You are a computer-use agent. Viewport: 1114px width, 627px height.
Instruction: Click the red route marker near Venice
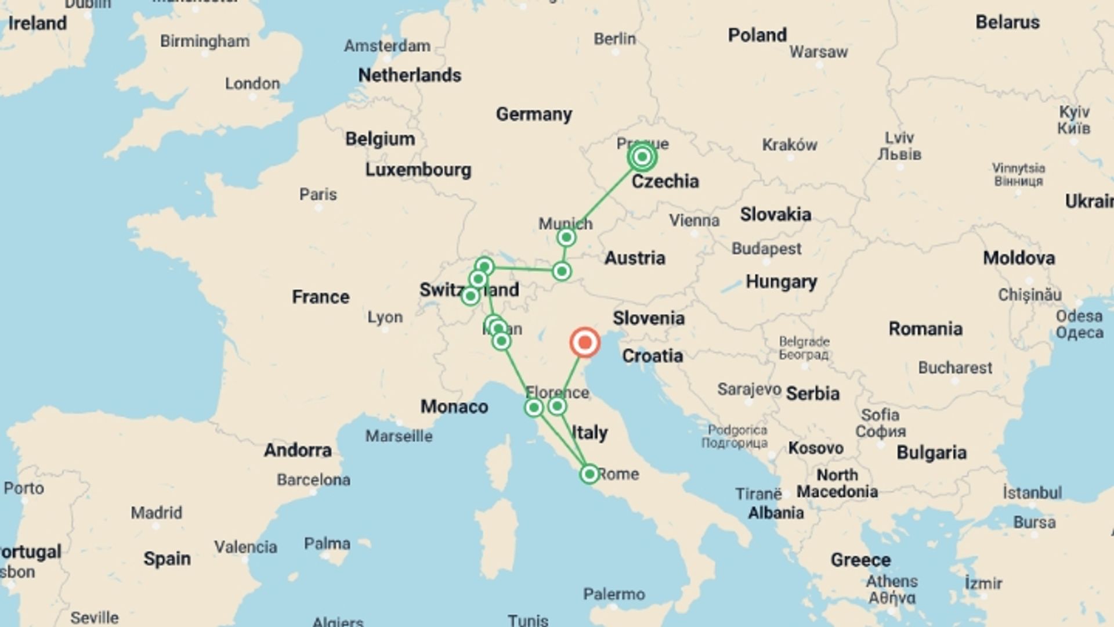584,343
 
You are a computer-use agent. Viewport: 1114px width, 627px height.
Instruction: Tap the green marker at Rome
589,474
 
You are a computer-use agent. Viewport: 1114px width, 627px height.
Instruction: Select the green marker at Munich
566,237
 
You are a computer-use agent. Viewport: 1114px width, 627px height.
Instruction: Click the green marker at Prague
642,157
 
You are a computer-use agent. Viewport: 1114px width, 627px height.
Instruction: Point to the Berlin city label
614,39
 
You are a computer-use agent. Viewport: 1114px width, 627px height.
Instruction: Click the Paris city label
318,194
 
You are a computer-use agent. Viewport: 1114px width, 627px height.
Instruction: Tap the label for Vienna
694,221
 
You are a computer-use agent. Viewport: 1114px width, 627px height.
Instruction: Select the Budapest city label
766,248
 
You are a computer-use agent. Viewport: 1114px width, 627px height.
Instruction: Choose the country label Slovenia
648,318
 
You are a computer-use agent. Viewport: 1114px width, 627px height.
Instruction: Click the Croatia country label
652,356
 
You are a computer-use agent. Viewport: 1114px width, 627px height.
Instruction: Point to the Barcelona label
313,480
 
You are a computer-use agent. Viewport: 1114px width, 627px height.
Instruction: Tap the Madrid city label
156,513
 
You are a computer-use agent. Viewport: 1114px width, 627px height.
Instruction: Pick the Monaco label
454,406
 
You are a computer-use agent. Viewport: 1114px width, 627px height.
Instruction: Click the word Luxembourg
418,170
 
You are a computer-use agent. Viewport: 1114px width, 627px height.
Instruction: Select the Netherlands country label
410,75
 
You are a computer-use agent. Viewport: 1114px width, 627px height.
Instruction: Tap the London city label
252,84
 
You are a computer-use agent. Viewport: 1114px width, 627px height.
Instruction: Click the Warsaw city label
818,52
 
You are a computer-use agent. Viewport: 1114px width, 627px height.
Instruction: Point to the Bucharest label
955,367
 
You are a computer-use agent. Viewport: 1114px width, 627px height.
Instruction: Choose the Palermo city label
614,594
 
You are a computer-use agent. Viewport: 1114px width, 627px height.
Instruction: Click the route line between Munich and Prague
603,197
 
